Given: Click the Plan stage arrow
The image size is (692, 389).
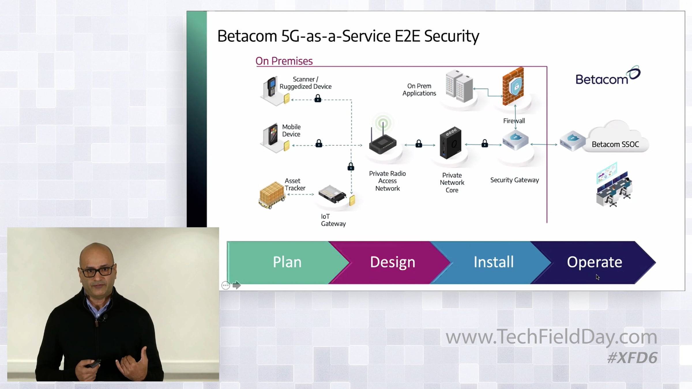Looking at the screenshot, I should point(287,262).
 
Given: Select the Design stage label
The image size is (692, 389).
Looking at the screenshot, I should point(392,262).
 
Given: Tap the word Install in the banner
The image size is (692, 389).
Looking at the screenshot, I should point(494,262).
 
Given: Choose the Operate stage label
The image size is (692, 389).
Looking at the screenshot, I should point(595,262).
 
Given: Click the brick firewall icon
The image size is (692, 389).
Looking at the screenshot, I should point(513,86).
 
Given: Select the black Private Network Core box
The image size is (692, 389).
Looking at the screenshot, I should point(450,143).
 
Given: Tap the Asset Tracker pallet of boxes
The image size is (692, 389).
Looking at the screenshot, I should point(272,194).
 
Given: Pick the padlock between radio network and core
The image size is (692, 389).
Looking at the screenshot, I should point(419,143).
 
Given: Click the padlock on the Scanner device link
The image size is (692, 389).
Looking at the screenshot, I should point(318,99).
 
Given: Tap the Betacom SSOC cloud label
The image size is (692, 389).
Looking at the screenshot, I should point(615,144).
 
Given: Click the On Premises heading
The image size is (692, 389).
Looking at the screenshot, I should point(284,61).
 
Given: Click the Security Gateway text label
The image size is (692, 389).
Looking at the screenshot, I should point(514,180).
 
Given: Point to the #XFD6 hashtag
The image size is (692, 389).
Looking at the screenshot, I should point(632,358).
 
